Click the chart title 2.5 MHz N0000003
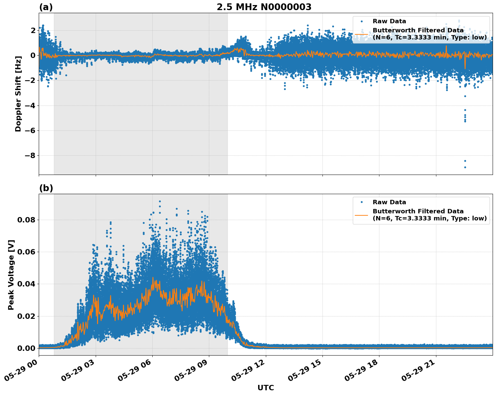click(x=264, y=7)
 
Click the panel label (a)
click(x=46, y=7)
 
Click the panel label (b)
click(x=46, y=188)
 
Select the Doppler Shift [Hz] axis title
click(x=18, y=94)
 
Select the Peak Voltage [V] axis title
click(x=11, y=275)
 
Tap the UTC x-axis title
click(x=266, y=388)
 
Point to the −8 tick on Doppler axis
click(x=29, y=155)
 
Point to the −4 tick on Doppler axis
click(x=29, y=105)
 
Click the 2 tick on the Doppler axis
click(x=33, y=30)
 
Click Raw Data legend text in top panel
click(x=389, y=21)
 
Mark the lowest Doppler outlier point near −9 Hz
click(x=465, y=167)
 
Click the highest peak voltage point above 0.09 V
click(x=160, y=201)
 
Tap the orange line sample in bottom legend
click(x=361, y=215)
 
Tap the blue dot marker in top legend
click(x=361, y=21)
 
